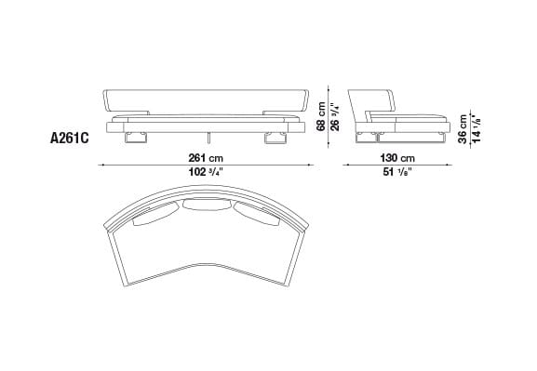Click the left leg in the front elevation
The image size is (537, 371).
coord(136,137)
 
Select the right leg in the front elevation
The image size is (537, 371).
coord(275,137)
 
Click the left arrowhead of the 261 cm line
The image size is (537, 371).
coord(103,166)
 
